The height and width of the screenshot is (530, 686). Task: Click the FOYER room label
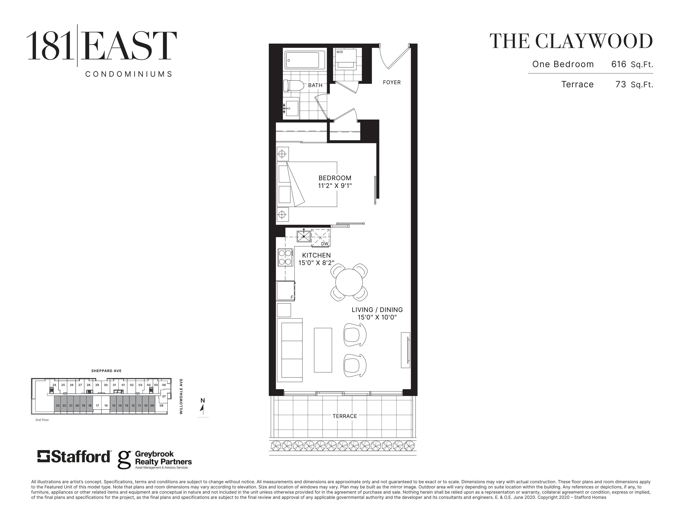point(392,82)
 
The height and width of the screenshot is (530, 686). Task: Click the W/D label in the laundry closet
point(339,52)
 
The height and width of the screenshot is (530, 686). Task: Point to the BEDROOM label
point(335,178)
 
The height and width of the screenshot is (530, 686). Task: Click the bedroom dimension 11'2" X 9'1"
point(335,186)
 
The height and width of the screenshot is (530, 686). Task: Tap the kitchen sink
point(304,236)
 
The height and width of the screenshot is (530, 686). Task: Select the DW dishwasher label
point(324,244)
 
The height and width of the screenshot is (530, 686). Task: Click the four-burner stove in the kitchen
point(285,258)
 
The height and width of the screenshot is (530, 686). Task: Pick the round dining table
point(349,282)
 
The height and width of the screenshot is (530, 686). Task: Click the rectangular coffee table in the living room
point(323,350)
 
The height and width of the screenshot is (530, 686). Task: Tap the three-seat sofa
point(290,350)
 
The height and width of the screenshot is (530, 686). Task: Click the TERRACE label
point(345,416)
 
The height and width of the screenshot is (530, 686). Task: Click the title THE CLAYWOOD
point(571,41)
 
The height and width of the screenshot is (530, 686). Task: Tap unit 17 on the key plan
point(97,405)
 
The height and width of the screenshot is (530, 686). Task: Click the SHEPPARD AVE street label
point(106,371)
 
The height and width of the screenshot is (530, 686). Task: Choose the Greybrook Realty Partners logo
point(154,460)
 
